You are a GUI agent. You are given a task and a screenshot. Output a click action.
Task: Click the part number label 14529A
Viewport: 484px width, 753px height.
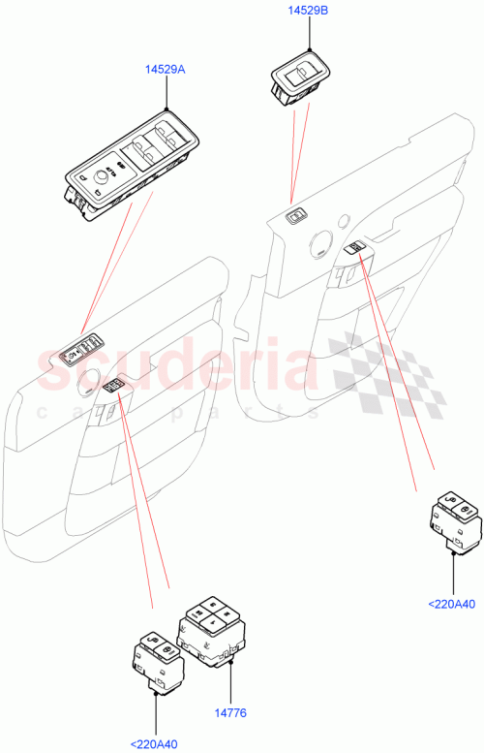pos(166,69)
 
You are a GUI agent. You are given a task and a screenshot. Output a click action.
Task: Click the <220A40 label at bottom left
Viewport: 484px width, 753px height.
pos(157,743)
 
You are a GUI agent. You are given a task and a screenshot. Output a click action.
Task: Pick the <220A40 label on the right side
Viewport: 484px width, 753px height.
pos(452,605)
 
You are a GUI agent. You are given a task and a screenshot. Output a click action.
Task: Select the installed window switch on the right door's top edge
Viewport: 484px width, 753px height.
pos(297,215)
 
